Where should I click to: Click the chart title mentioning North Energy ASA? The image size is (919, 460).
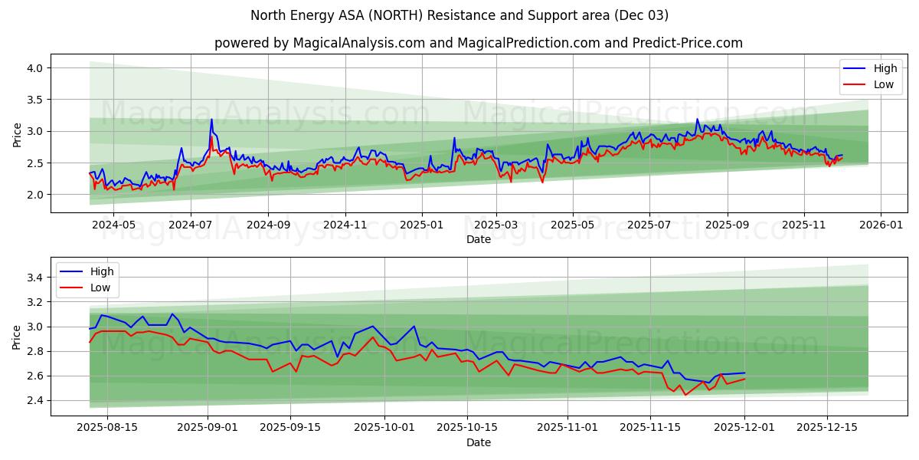[x=459, y=15]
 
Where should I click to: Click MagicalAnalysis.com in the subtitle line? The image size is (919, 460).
[x=358, y=43]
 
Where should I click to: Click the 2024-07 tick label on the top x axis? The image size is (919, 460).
[x=190, y=225]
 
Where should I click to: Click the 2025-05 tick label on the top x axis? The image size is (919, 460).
[x=573, y=225]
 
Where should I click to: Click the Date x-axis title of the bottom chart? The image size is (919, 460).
[x=479, y=442]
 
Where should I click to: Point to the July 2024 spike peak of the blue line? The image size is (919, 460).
[x=211, y=120]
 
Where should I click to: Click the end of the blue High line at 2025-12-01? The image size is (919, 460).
[x=744, y=373]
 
